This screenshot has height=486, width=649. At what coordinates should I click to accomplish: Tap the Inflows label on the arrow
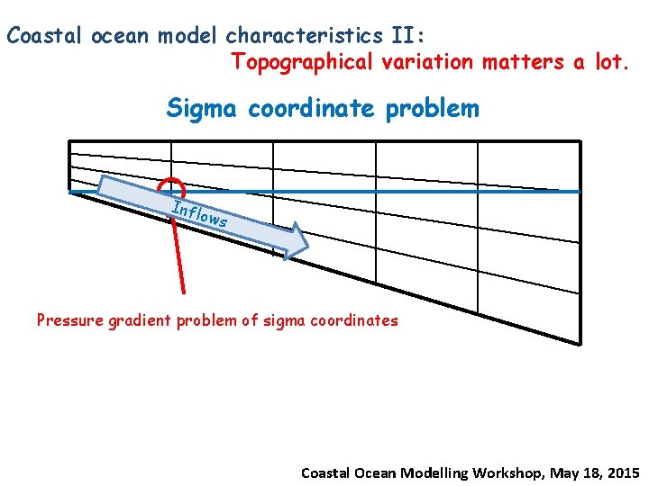click(198, 213)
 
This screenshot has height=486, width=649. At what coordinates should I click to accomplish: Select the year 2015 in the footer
click(622, 472)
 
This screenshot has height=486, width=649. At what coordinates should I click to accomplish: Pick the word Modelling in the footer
click(436, 472)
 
